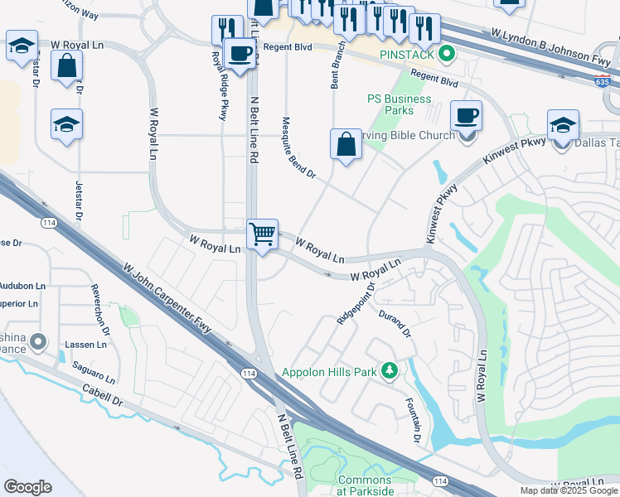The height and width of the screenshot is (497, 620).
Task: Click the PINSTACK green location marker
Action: point(448,55)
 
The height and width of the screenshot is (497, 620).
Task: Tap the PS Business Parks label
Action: point(400,104)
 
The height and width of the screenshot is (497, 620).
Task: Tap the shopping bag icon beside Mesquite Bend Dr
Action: point(346,144)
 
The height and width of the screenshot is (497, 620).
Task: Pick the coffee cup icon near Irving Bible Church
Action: point(466,116)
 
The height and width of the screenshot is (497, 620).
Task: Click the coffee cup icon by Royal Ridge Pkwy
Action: point(240,55)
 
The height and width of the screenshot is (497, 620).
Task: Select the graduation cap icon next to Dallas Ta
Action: point(564,125)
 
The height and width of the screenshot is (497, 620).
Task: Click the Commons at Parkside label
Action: point(366,485)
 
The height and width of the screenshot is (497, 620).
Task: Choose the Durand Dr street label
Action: point(395,323)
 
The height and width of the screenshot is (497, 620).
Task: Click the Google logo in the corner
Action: point(28,486)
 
